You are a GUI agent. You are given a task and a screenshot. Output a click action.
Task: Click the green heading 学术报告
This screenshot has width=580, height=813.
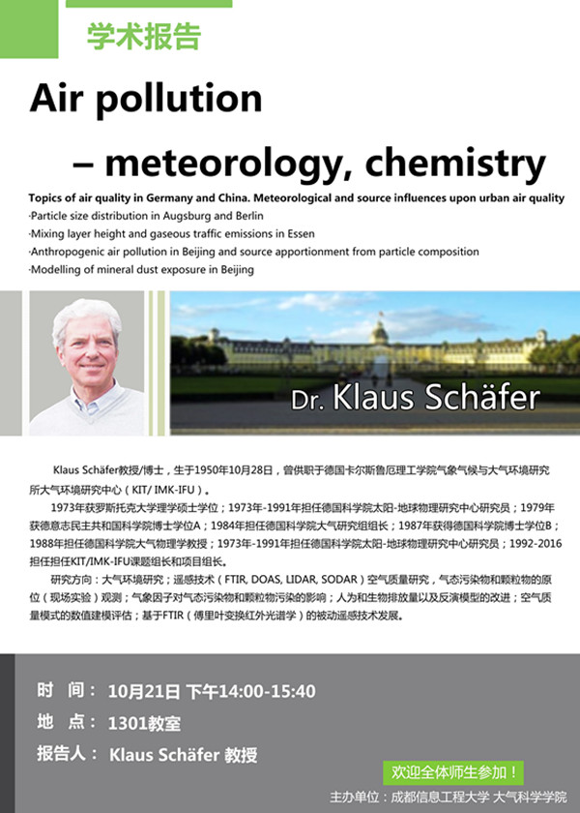(144, 37)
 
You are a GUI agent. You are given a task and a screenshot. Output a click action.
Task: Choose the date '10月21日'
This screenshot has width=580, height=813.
(145, 691)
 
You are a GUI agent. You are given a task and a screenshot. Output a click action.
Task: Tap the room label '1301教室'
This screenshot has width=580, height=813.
(146, 722)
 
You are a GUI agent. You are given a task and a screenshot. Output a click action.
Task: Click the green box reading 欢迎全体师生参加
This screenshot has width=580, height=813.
(452, 772)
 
